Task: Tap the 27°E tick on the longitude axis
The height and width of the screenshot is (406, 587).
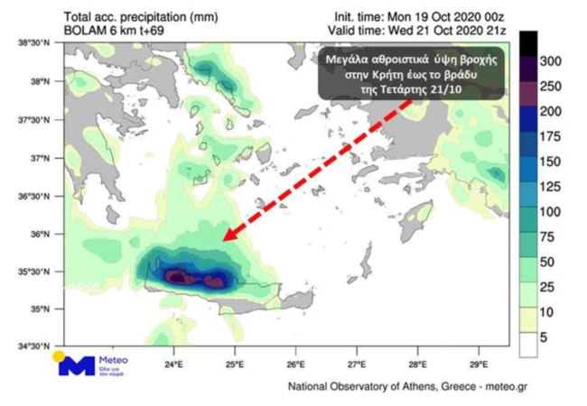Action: (x=357, y=364)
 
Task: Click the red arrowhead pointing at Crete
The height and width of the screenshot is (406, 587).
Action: (x=228, y=235)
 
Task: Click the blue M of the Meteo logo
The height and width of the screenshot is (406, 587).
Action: (x=76, y=366)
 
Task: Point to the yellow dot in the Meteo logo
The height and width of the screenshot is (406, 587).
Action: (x=60, y=356)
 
